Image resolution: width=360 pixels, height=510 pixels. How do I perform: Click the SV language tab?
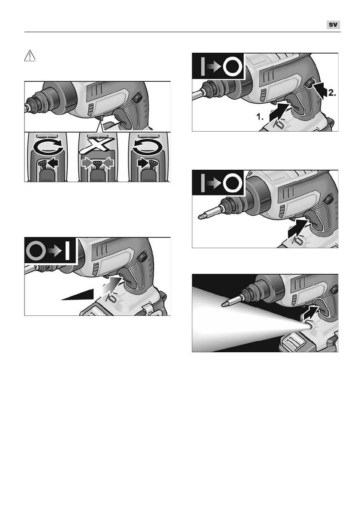coord(333,25)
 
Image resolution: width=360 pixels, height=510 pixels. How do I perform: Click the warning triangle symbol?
coord(30,56)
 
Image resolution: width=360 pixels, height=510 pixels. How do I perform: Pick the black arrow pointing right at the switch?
coord(143,162)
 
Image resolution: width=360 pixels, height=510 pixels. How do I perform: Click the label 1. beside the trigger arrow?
coord(260,117)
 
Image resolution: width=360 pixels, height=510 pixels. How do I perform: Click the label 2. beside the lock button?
coord(332,93)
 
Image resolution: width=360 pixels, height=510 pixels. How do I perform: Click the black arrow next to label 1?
coord(280,112)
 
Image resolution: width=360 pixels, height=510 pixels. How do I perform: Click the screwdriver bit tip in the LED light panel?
coord(224,304)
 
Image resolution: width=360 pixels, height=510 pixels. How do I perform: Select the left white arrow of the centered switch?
coord(86,162)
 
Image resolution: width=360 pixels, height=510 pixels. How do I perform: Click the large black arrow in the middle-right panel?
coord(297,229)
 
